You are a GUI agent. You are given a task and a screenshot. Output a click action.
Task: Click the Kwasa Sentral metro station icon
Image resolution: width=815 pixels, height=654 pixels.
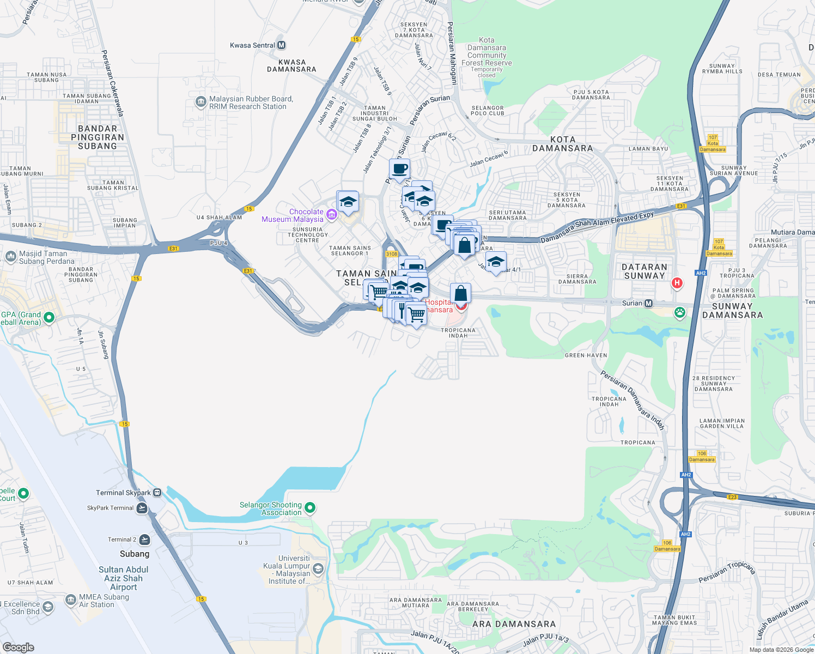tap(281, 45)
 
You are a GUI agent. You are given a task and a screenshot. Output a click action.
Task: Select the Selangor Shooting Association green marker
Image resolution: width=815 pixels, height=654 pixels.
tap(310, 508)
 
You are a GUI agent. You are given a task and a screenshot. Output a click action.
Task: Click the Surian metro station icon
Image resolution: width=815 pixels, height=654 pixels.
tap(648, 303)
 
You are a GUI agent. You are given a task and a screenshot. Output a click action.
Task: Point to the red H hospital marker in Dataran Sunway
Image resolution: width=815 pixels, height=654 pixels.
tap(677, 283)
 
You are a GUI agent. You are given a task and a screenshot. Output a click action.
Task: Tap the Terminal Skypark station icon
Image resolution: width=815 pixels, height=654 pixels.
tap(157, 493)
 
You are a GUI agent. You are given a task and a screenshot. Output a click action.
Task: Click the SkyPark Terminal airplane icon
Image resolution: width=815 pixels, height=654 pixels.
tap(142, 508)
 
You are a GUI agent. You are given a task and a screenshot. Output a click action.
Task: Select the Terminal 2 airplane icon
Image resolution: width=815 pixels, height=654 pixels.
tap(144, 540)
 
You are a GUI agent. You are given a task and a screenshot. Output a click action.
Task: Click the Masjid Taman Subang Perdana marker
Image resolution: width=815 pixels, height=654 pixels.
tap(10, 257)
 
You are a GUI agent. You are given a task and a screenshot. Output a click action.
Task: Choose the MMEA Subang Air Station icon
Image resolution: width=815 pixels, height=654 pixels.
tap(70, 600)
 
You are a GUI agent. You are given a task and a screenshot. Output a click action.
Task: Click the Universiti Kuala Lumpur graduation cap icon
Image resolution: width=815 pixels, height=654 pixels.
tap(318, 570)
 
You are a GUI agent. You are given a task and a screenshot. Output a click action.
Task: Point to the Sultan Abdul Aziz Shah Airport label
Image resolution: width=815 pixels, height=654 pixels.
tap(124, 578)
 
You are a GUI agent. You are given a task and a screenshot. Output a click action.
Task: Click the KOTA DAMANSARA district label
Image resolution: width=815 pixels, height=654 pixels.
tap(562, 144)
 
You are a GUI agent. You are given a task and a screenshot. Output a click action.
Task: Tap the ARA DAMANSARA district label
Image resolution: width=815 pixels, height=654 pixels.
tap(514, 624)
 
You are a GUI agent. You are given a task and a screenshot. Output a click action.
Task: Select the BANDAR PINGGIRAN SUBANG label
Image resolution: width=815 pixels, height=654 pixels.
tap(98, 137)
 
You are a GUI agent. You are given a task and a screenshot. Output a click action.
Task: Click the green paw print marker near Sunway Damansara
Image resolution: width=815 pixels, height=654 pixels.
tap(679, 313)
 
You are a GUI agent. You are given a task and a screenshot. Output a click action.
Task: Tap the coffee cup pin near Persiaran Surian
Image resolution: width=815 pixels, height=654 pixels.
tap(399, 169)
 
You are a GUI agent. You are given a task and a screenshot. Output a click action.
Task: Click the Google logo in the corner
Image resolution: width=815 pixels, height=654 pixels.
tap(19, 647)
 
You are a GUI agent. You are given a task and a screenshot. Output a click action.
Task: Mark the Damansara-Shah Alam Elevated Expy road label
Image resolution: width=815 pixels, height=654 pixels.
tap(597, 227)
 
